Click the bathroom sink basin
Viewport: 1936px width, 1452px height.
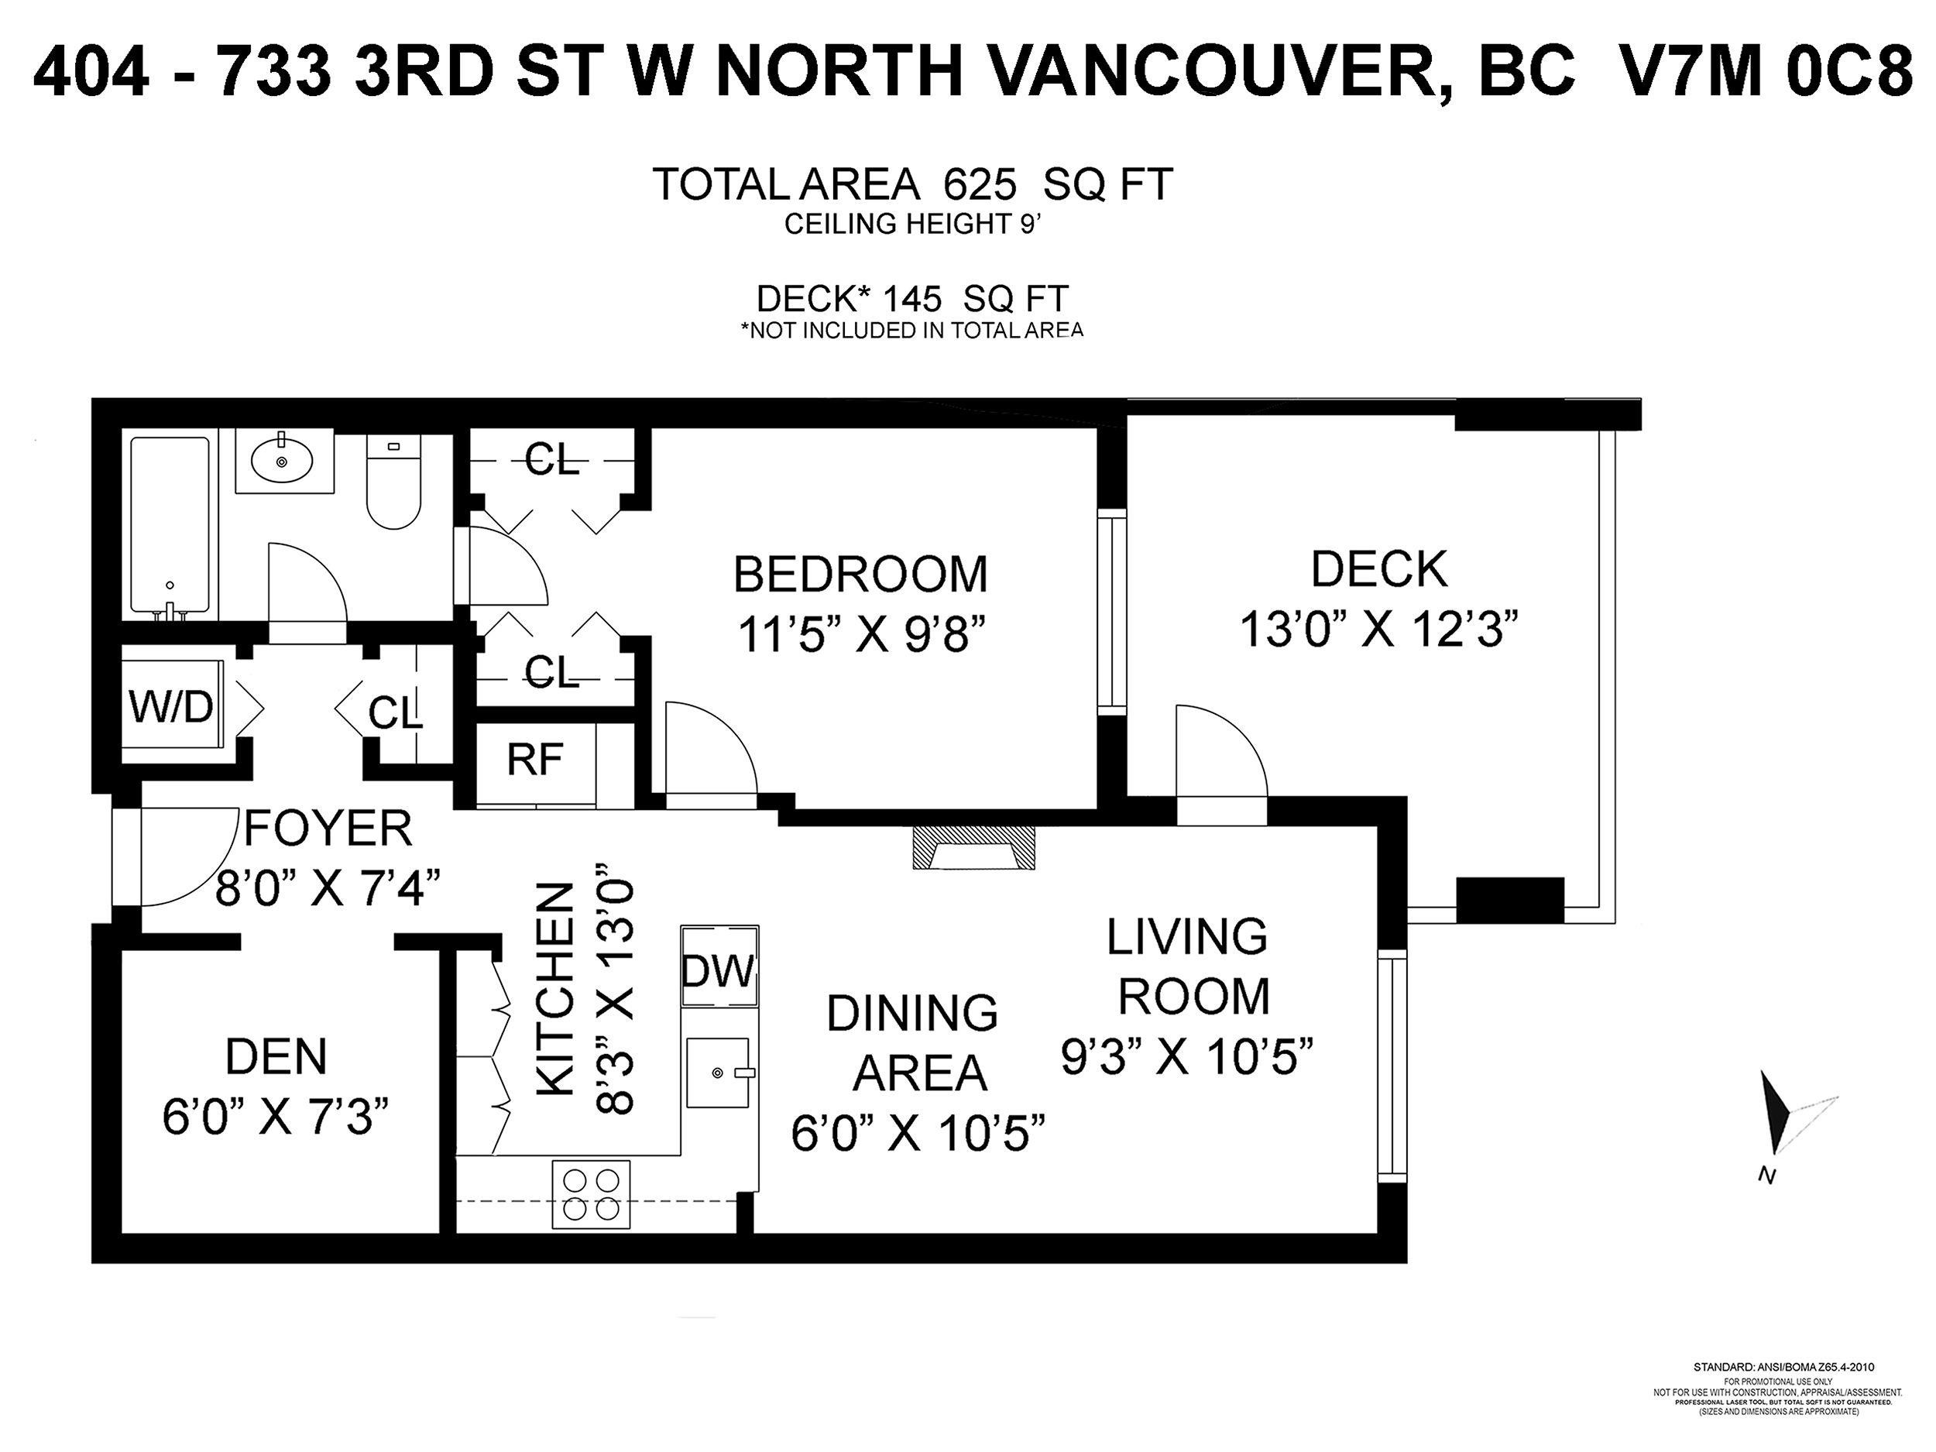(x=282, y=460)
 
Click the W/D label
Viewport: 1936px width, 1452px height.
(x=172, y=707)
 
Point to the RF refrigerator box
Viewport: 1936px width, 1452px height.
(x=535, y=760)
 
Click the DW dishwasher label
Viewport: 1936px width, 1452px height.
(x=718, y=970)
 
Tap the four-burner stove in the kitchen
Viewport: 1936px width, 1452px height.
(x=592, y=1196)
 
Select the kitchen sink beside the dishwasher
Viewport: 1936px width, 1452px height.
(x=718, y=1073)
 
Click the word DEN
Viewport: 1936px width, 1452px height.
(x=276, y=1058)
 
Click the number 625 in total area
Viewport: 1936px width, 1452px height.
(x=980, y=184)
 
